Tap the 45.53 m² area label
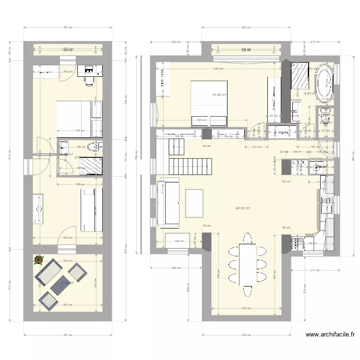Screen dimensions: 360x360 (243, 208)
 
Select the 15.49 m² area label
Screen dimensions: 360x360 (219, 95)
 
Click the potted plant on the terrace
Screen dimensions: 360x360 (38, 261)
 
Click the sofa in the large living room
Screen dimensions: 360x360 (168, 202)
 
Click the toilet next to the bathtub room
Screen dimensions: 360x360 (325, 117)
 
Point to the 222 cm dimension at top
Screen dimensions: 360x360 (176, 41)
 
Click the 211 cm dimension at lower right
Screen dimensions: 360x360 (314, 270)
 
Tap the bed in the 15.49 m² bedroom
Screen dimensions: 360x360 (209, 103)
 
